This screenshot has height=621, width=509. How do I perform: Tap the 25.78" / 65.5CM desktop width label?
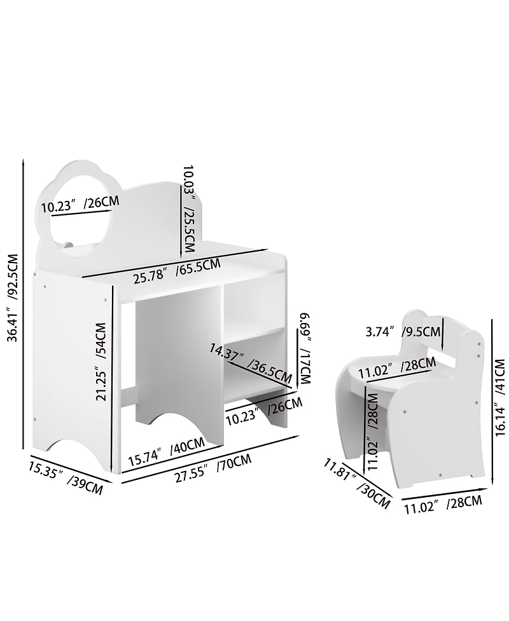point(176,271)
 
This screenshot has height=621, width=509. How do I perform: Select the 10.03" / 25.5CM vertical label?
point(189,201)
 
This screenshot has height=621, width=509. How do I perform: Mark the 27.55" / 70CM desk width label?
point(213,469)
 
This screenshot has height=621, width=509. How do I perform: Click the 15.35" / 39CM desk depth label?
point(65,479)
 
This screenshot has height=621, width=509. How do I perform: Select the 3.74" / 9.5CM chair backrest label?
point(403,331)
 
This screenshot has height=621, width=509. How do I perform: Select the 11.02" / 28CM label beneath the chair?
point(443,504)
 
